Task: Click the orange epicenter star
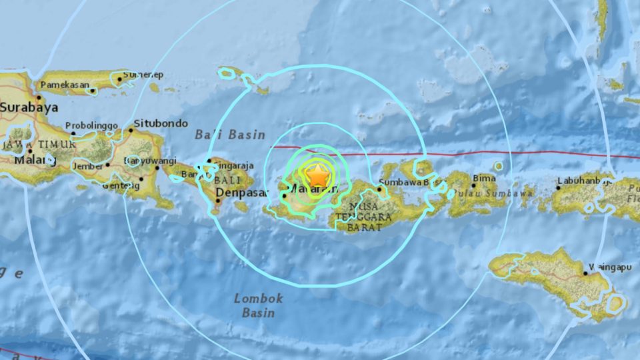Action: pos(319,176)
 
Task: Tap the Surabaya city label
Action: pos(29,107)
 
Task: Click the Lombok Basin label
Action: pos(259,305)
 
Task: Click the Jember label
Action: pos(89,165)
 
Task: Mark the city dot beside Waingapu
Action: pos(585,272)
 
